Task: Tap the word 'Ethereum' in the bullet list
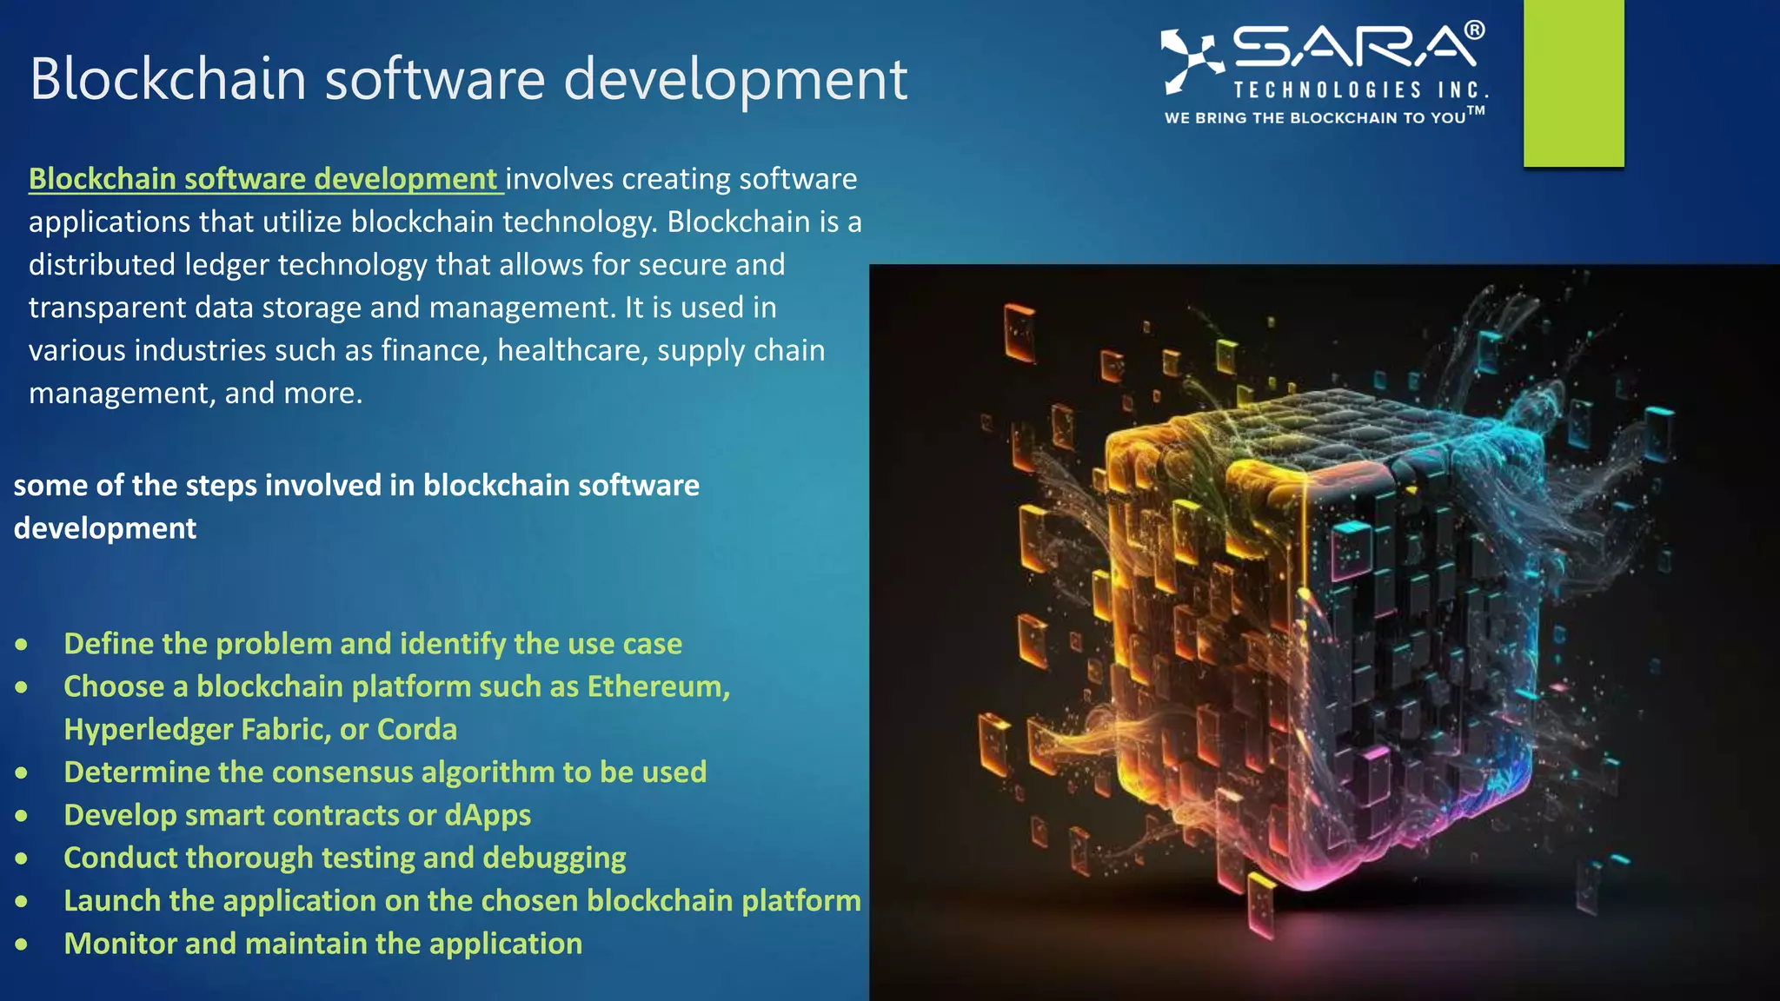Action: (657, 686)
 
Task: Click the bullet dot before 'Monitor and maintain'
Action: (21, 944)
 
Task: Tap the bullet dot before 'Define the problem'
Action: (21, 644)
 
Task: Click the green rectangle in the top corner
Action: (1573, 83)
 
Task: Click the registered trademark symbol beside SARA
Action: (1474, 30)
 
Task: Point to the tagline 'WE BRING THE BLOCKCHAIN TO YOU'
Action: (1316, 117)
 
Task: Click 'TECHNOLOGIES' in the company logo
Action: (1327, 90)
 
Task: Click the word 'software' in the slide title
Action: (435, 79)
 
